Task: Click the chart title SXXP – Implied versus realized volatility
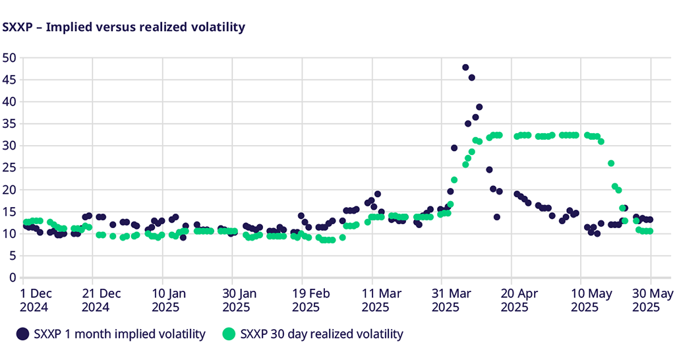click(124, 27)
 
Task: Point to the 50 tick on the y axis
click(9, 57)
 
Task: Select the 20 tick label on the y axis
click(9, 190)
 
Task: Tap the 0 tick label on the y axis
click(12, 278)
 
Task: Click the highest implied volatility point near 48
click(465, 67)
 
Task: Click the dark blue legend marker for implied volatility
click(23, 334)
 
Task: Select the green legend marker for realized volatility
click(229, 334)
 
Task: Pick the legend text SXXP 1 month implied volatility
click(119, 334)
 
